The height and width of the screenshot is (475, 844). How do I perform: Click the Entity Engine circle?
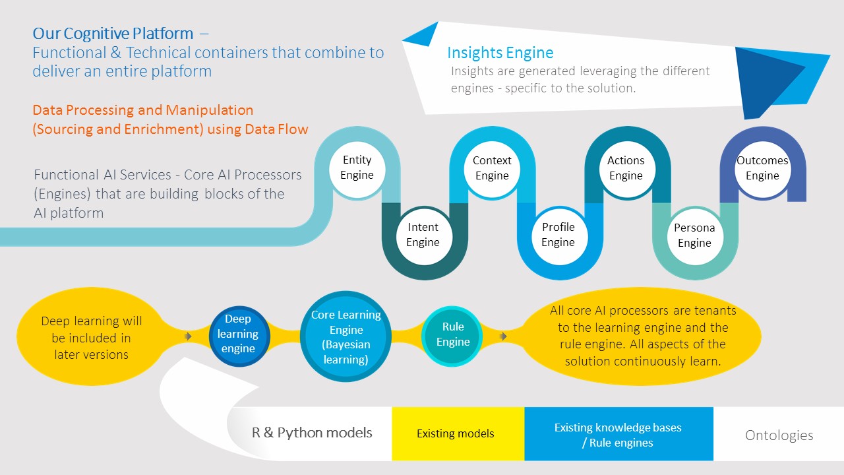click(x=357, y=168)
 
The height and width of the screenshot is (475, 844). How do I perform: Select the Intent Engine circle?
click(x=423, y=235)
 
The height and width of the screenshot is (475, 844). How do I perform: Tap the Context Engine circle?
click(x=492, y=168)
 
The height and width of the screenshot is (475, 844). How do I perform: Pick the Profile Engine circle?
click(x=558, y=235)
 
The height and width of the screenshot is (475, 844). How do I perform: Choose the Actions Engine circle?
click(x=626, y=168)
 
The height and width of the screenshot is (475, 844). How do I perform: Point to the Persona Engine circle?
click(x=694, y=236)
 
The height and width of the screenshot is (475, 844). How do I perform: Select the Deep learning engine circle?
click(x=238, y=334)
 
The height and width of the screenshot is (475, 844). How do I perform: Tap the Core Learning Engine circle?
click(x=346, y=337)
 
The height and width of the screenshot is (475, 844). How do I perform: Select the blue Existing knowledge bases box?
click(x=618, y=434)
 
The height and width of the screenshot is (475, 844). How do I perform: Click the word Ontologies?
click(x=779, y=435)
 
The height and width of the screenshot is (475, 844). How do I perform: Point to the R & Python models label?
click(x=312, y=433)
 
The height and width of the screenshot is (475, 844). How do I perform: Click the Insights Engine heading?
click(x=500, y=53)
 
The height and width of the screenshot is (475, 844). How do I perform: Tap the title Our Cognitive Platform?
click(x=113, y=33)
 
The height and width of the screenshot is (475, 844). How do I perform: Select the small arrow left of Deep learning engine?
click(x=188, y=336)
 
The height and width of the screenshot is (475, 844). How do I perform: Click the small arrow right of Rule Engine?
click(x=503, y=336)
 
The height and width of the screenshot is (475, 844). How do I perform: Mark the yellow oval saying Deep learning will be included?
click(x=91, y=338)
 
